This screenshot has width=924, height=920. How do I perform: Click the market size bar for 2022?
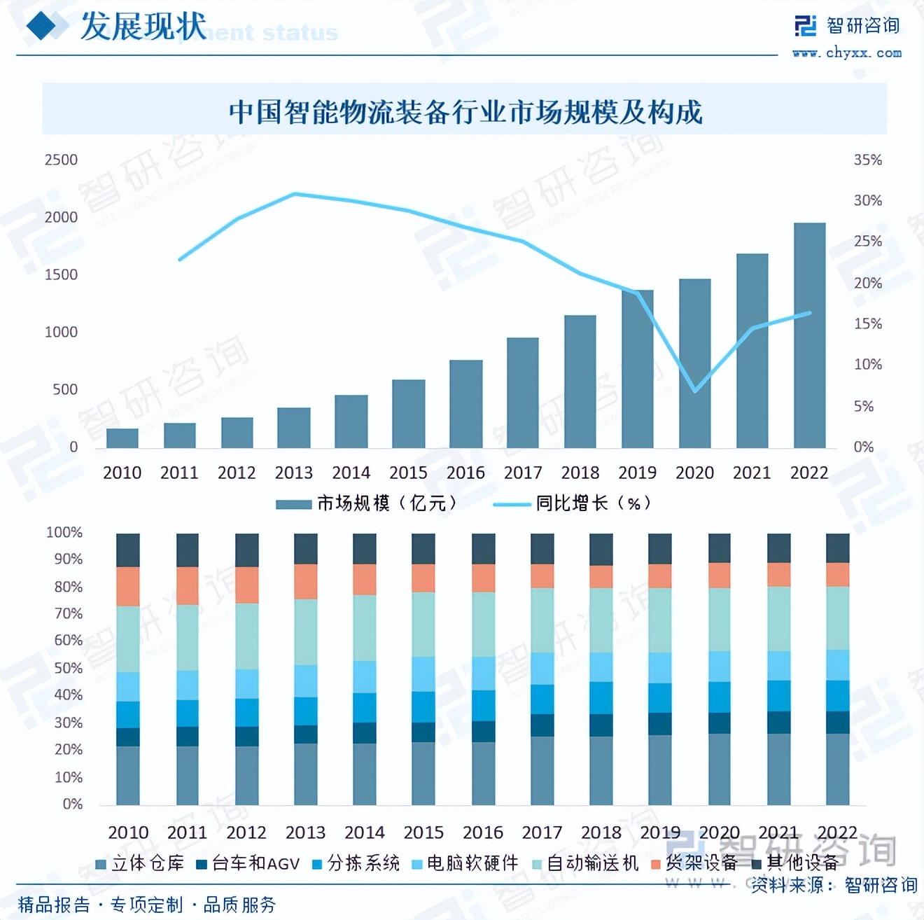pos(809,336)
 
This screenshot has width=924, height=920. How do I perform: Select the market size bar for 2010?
pos(122,438)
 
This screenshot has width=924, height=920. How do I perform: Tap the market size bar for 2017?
pos(523,393)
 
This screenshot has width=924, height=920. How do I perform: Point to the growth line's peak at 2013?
pos(294,194)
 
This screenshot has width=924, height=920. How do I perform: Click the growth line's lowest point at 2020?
pos(694,391)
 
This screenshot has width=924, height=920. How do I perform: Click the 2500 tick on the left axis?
pos(61,160)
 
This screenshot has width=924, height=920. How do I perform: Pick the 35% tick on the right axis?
pos(867,160)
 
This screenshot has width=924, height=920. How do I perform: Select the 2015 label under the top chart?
pos(408,473)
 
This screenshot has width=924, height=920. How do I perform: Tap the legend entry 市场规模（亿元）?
pos(367,503)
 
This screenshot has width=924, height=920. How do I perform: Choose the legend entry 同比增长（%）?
pos(574,503)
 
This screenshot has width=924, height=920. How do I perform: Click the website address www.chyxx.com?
pos(847,53)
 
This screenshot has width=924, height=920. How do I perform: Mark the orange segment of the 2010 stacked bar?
pos(127,587)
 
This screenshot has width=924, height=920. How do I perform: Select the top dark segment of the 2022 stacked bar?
pos(837,548)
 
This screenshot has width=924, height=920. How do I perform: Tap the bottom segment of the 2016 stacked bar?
pos(483,773)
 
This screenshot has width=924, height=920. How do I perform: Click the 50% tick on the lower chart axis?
pos(68,668)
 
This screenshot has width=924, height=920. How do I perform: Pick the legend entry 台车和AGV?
pos(248,864)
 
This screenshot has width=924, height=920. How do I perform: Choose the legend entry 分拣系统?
pos(356,864)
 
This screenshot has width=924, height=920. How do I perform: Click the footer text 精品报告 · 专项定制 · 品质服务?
pos(147,905)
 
